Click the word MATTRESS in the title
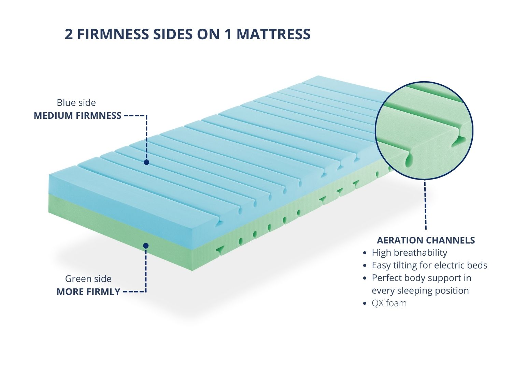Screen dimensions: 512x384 coord(273,34)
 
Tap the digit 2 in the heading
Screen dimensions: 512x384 coord(69,34)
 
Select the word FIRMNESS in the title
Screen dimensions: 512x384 coord(113,34)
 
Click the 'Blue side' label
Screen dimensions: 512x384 coord(76,103)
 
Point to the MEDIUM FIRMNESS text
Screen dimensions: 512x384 coord(78,116)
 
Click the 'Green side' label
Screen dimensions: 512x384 coord(88,279)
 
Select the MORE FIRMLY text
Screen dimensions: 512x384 coord(88,292)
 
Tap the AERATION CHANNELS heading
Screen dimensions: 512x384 coord(426,240)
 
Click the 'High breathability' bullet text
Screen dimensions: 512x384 coord(409,253)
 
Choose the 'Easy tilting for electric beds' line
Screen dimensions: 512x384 coord(429,265)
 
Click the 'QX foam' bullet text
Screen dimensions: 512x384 coord(389,303)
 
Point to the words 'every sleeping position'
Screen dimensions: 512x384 coord(420,291)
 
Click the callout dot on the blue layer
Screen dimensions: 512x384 coord(146,162)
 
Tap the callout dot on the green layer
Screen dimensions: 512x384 coord(146,246)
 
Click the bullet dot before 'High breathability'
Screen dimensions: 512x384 coord(365,253)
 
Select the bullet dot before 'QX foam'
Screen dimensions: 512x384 coord(365,303)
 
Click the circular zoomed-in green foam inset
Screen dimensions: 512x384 coord(424,131)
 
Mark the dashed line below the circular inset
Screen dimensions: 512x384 coord(425,205)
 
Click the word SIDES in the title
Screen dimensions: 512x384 coord(173,34)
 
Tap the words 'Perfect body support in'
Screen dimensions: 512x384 coord(422,278)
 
